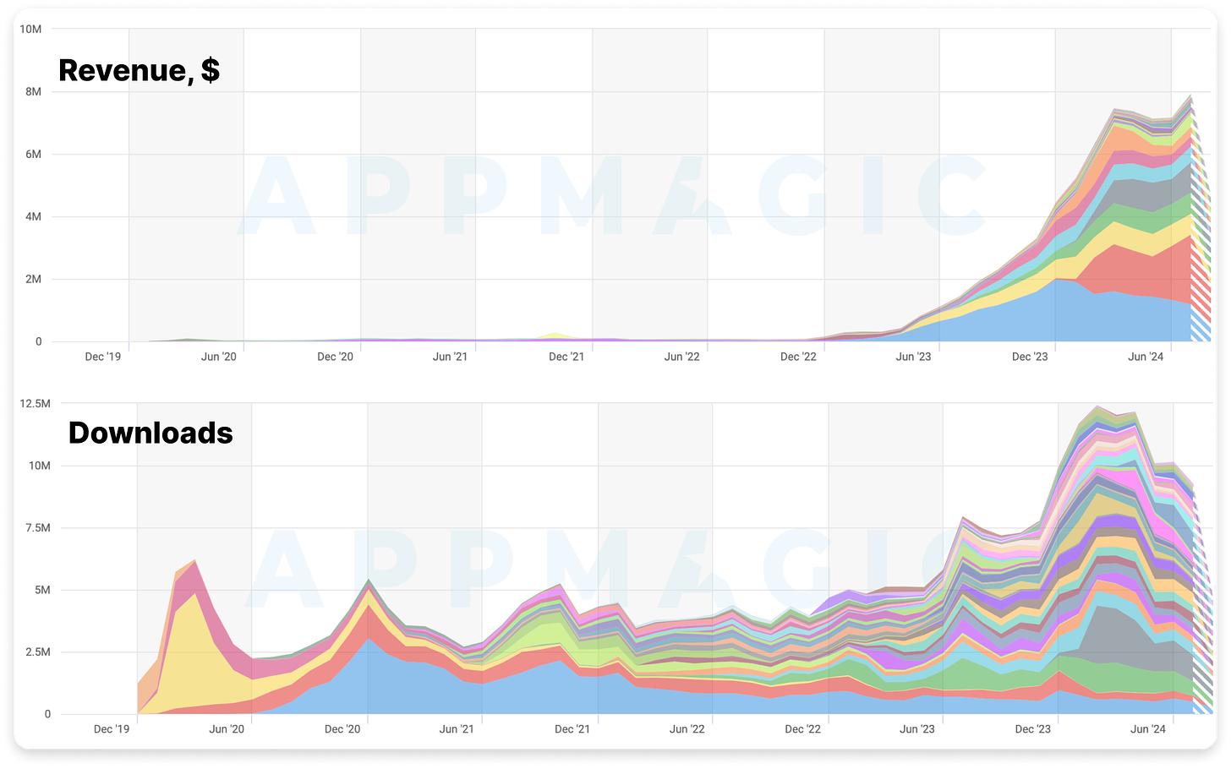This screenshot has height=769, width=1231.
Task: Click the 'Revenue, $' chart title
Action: tap(139, 70)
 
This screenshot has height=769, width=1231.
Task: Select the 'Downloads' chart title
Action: tap(150, 433)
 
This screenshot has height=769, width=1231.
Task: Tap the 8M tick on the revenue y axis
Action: tap(33, 92)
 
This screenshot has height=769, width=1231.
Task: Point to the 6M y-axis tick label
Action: tap(33, 155)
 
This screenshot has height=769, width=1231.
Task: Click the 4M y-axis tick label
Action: tap(33, 217)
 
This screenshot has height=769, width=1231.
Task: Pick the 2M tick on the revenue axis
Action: tap(33, 280)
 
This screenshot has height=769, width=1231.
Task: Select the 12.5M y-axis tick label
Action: tap(35, 404)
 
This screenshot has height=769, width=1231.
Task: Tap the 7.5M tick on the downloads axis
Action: tap(37, 528)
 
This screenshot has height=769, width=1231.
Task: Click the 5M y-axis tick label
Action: tap(42, 591)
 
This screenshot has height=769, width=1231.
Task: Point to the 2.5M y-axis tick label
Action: tap(37, 652)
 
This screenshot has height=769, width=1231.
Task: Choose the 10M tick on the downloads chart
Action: tap(40, 466)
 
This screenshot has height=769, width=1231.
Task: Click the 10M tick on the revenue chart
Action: tap(30, 30)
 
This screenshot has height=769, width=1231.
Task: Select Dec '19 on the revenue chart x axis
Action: tap(102, 357)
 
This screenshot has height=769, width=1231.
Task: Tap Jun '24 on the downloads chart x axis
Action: tap(1147, 729)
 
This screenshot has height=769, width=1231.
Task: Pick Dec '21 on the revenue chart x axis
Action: tap(566, 357)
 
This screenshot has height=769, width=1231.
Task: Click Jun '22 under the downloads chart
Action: tap(687, 729)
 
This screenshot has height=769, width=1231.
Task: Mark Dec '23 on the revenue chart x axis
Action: tap(1030, 357)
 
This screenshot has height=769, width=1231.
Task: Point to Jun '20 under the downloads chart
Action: tap(227, 729)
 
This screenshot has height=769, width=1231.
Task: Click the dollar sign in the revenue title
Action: tap(211, 71)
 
